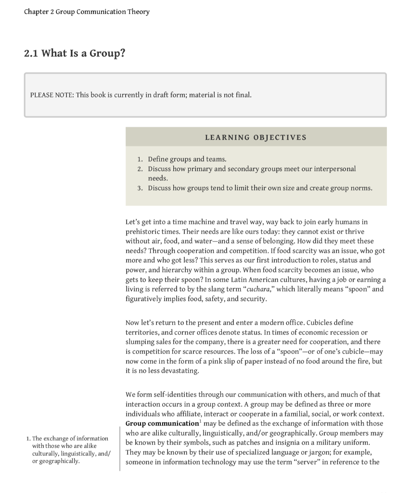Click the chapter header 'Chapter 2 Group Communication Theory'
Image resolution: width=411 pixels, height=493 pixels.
[87, 12]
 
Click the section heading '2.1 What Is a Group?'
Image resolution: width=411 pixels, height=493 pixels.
[75, 53]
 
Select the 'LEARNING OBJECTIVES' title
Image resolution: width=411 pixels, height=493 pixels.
[256, 138]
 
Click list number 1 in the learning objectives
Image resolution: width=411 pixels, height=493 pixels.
[140, 159]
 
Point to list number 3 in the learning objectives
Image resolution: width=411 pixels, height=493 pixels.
[140, 188]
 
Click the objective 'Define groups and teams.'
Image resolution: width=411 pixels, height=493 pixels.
[187, 159]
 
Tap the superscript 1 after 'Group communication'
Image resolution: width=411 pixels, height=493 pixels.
[200, 422]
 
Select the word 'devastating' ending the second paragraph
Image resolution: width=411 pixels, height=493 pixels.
[180, 371]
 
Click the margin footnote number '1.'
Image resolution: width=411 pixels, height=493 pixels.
[28, 439]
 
